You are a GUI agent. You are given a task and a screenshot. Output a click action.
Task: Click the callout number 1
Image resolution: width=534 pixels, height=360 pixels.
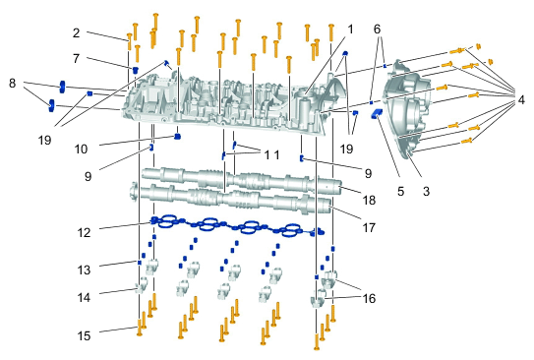(350, 30)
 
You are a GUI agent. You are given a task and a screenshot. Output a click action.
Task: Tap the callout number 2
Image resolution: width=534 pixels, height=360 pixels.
(77, 33)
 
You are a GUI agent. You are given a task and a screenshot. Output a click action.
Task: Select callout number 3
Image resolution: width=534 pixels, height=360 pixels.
(427, 192)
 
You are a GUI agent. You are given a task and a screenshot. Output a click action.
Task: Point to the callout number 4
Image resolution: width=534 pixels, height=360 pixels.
(521, 99)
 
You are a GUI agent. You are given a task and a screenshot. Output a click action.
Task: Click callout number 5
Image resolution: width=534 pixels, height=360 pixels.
(401, 192)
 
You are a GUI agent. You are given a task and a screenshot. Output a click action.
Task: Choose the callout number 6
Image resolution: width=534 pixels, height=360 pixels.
(377, 30)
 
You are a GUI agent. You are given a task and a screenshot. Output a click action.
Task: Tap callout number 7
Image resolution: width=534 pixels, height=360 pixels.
(77, 59)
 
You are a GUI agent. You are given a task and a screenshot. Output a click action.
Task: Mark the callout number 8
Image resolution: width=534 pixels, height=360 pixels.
(12, 83)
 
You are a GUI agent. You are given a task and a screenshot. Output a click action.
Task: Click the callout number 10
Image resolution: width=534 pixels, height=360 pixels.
(81, 149)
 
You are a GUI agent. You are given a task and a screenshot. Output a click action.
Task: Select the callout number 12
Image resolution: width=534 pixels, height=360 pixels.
(85, 232)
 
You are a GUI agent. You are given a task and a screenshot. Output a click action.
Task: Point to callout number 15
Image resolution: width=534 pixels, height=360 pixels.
(85, 335)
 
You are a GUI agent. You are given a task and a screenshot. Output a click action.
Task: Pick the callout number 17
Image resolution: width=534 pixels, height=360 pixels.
(369, 227)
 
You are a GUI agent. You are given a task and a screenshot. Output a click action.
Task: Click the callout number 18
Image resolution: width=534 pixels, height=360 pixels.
(369, 200)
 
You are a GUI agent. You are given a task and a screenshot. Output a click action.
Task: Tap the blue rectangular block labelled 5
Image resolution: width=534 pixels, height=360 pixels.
(377, 113)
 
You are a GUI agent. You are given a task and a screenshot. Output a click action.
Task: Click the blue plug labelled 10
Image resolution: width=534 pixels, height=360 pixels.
(177, 137)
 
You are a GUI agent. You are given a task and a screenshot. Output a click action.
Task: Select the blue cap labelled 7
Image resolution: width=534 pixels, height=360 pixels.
(135, 70)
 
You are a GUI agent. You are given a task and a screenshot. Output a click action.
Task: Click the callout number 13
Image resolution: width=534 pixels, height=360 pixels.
(85, 270)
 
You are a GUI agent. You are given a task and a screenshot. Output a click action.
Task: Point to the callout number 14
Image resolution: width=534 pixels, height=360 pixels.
(85, 297)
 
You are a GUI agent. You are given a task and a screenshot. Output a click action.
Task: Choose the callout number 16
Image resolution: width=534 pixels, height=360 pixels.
(369, 298)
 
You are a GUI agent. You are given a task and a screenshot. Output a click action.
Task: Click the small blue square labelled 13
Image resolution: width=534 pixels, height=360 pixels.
(140, 263)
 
